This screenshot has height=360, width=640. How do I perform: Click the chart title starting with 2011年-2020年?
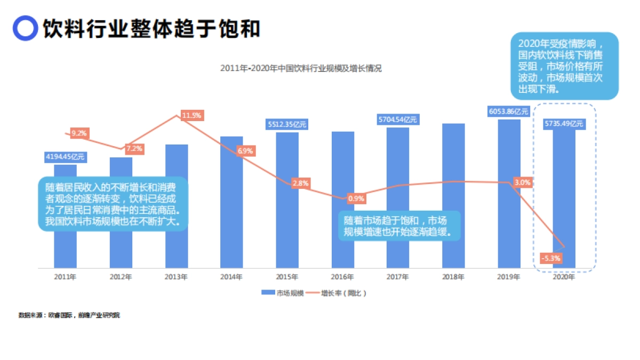click(x=301, y=68)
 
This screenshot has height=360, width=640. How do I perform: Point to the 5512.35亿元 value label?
click(x=287, y=125)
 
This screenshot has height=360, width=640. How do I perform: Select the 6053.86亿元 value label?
click(x=508, y=111)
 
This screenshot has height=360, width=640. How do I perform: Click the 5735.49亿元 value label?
click(x=564, y=124)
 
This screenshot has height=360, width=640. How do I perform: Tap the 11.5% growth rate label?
click(x=191, y=115)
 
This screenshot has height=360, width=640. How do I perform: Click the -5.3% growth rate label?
click(x=550, y=258)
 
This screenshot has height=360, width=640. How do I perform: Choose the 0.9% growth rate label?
click(x=356, y=198)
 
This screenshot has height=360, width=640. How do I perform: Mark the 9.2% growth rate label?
click(x=79, y=133)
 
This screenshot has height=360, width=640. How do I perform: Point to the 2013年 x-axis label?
click(x=176, y=277)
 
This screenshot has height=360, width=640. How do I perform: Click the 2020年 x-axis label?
click(x=564, y=277)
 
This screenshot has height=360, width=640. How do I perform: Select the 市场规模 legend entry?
click(x=283, y=293)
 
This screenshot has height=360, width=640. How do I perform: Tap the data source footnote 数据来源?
click(x=69, y=315)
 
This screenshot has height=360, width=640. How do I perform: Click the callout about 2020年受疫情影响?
click(x=564, y=65)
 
